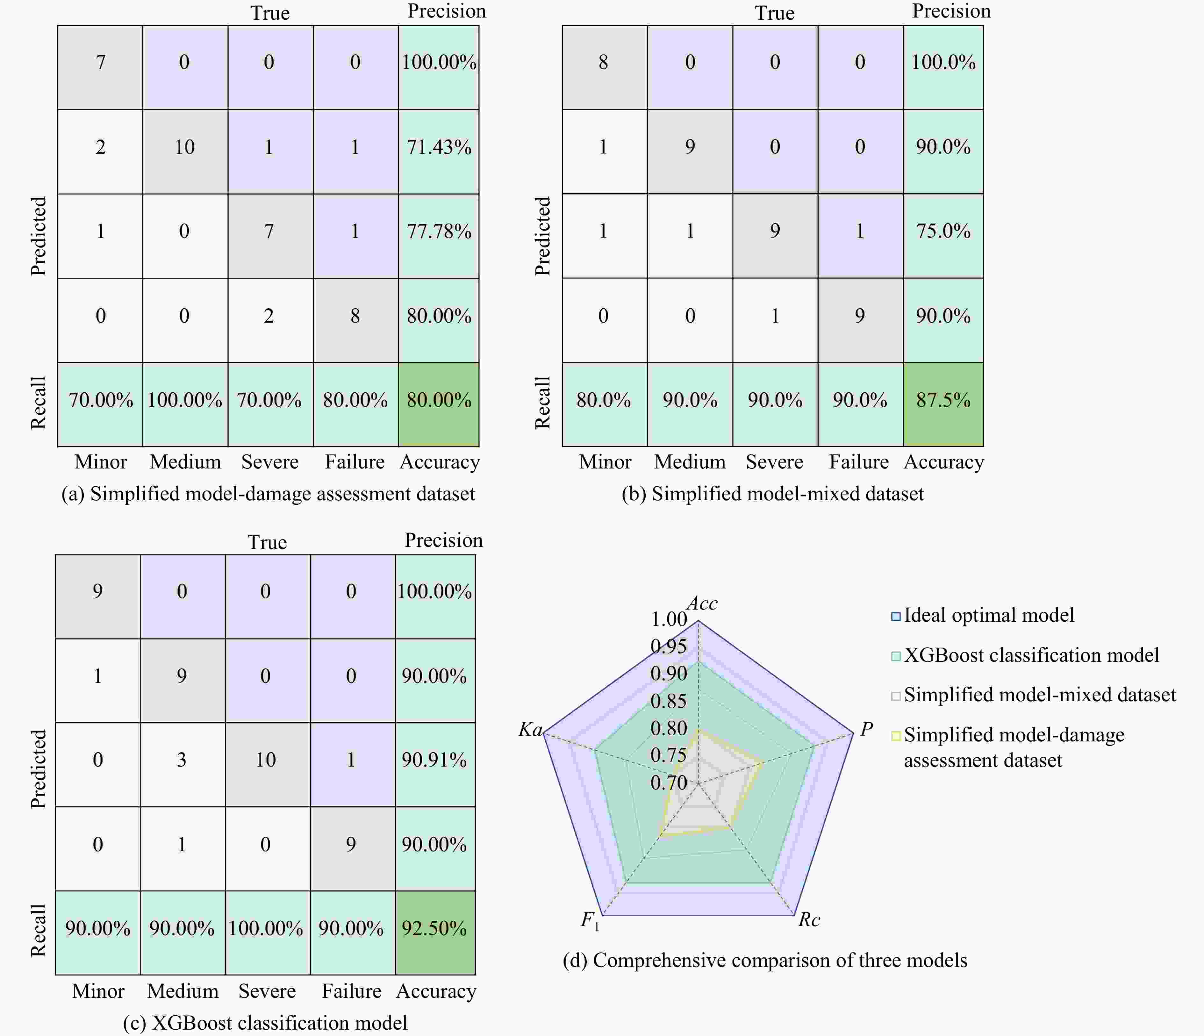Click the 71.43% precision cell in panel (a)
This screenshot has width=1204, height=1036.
coord(439,147)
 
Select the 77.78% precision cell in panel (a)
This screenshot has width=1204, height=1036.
coord(439,231)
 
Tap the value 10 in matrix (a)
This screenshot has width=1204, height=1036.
coord(185,147)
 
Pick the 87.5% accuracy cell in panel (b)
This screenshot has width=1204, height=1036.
coord(943,400)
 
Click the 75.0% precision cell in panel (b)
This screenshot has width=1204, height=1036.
coord(943,231)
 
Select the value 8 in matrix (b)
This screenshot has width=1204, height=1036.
coord(603,62)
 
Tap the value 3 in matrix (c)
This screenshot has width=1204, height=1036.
coord(182,760)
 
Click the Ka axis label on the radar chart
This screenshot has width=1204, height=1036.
coord(530,730)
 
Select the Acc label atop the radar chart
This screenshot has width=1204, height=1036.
coord(703,604)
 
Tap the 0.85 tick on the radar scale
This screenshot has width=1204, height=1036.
coord(668,701)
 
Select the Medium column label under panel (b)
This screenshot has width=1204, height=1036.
coord(690,462)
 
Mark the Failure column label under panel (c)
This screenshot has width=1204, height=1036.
coord(352,991)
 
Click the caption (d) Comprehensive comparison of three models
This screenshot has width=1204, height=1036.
coord(765,961)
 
